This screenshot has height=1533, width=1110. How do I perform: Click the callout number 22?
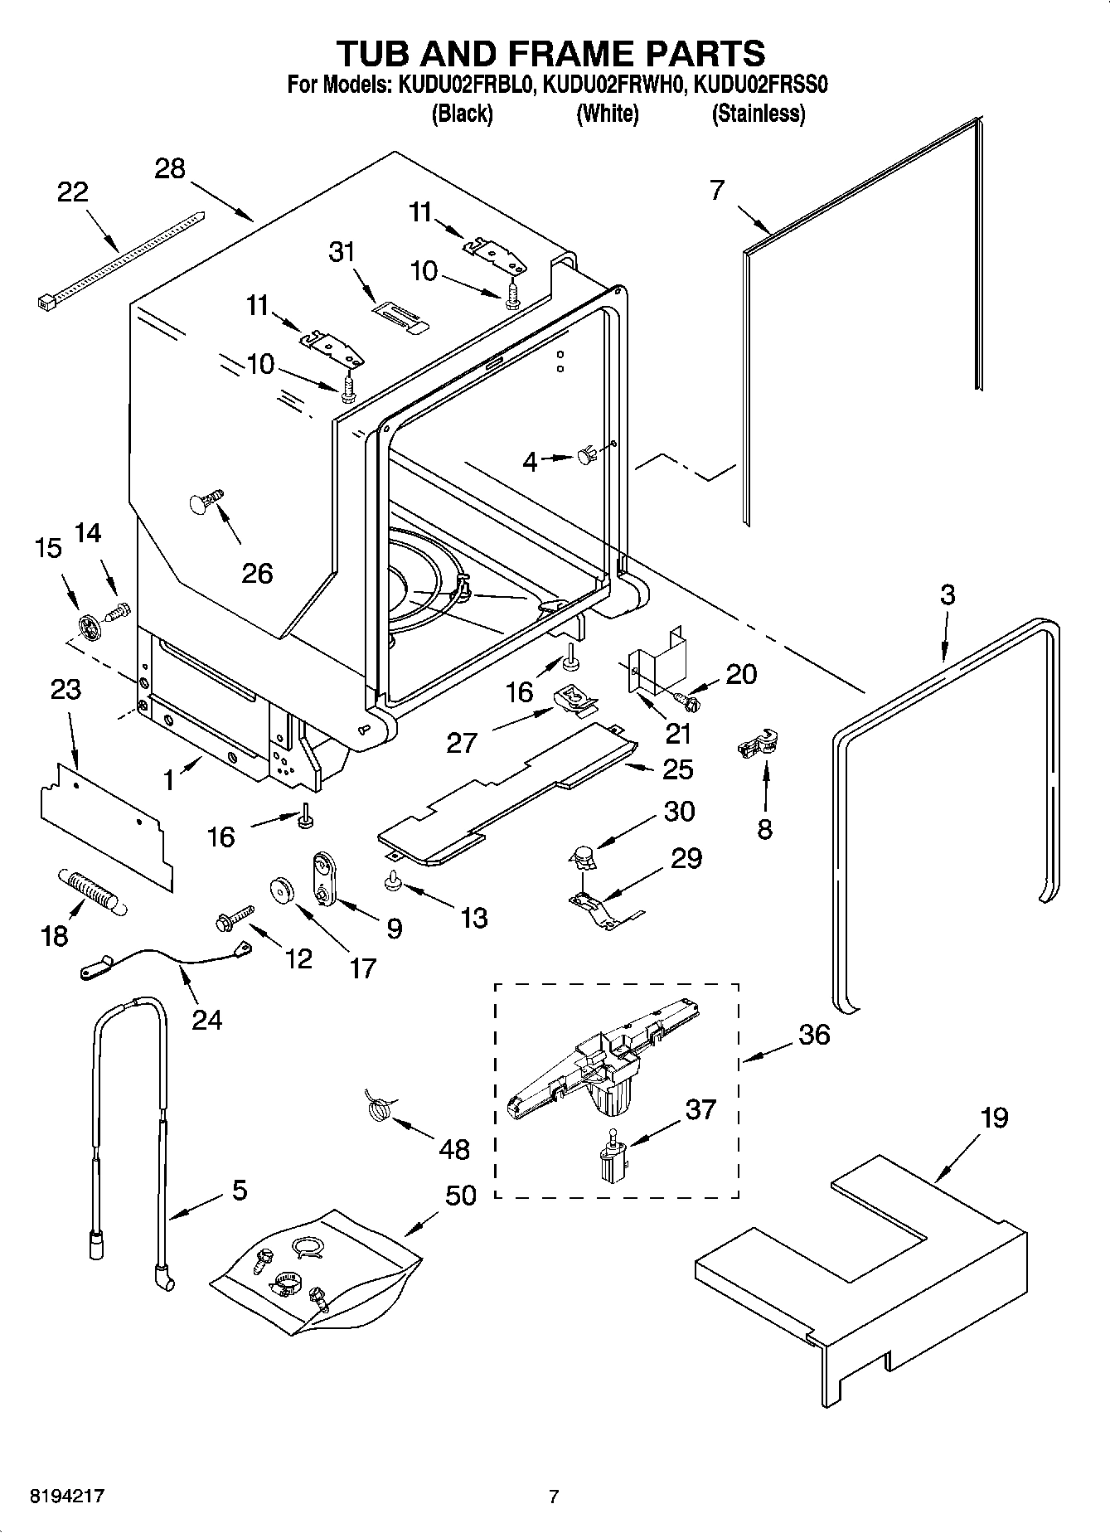(x=72, y=192)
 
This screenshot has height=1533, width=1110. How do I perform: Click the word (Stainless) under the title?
(x=759, y=114)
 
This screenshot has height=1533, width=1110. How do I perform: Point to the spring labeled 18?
(x=90, y=891)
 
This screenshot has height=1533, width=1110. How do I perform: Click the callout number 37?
(x=700, y=1109)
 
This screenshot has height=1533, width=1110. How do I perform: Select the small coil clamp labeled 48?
(x=378, y=1108)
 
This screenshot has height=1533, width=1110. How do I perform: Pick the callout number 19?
(x=994, y=1118)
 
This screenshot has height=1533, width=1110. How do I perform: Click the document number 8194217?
(x=67, y=1497)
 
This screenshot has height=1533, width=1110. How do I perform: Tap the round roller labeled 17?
(x=284, y=890)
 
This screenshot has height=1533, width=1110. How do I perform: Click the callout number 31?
(x=342, y=251)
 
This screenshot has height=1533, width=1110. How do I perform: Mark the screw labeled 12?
(x=231, y=917)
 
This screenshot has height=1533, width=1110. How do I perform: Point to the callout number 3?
(x=947, y=594)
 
